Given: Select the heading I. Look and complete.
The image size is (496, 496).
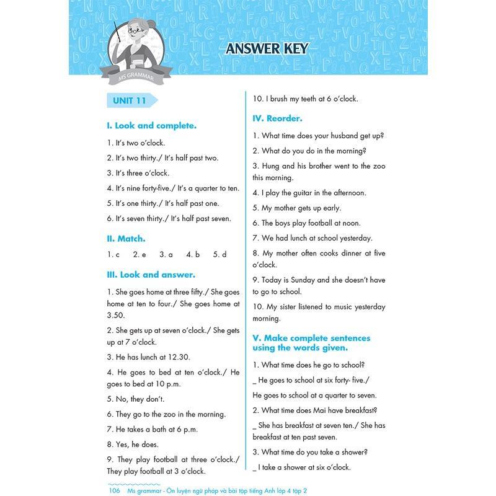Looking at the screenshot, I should click(x=151, y=125).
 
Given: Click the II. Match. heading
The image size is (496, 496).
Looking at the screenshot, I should click(x=126, y=238).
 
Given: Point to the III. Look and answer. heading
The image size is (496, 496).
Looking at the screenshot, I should click(x=151, y=274).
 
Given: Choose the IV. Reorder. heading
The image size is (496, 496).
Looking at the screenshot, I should click(x=277, y=118).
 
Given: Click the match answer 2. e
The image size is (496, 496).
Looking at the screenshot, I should click(x=139, y=254).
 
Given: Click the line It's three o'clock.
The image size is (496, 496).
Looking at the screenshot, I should click(x=138, y=173).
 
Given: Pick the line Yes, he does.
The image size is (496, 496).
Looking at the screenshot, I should click(x=133, y=444).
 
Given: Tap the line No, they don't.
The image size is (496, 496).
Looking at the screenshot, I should click(x=135, y=399).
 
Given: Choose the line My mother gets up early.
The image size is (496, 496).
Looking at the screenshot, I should click(x=296, y=208).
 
